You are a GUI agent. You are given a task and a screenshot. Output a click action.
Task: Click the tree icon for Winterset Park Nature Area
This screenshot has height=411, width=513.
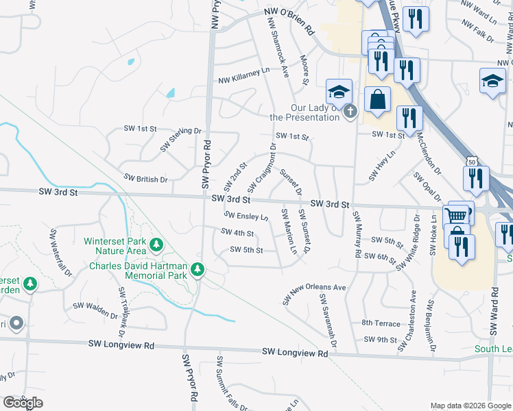point(157,243)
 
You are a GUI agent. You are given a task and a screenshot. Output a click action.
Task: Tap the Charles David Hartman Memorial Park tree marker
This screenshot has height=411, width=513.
point(198,270)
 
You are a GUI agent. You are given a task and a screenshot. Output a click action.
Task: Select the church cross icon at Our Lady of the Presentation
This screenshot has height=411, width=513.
point(350,112)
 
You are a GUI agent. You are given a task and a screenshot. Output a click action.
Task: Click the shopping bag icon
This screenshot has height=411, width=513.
point(378,100)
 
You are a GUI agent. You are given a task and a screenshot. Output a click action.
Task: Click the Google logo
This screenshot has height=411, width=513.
point(23,403)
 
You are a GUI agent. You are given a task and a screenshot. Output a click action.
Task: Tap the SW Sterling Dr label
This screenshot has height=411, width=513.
point(181,139)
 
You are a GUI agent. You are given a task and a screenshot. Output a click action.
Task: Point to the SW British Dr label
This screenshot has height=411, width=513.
point(145,179)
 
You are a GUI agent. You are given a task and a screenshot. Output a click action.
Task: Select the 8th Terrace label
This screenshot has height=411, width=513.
point(380,323)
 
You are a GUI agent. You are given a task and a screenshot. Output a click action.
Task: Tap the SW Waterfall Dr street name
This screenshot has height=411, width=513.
point(60,252)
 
